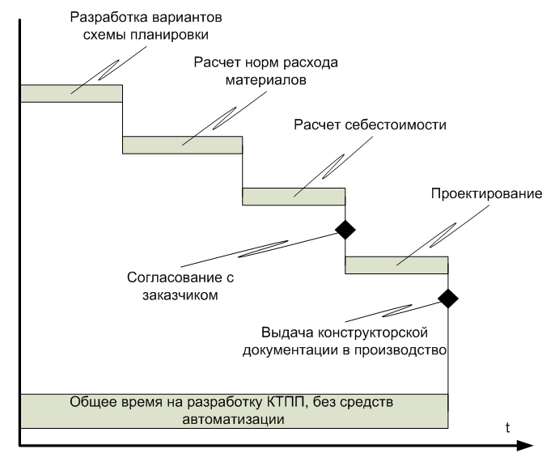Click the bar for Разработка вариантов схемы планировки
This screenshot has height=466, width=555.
[x=71, y=93]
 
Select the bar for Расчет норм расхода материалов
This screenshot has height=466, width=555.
[x=183, y=145]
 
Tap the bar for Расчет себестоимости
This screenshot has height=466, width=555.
[x=294, y=197]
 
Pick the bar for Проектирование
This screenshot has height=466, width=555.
[x=396, y=265]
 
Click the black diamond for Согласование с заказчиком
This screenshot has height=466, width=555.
[x=345, y=230]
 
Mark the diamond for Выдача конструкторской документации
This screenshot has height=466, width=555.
[x=448, y=299]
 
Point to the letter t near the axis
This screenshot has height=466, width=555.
[x=507, y=428]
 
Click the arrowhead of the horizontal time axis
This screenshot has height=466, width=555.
[x=525, y=446]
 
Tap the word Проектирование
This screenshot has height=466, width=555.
[x=487, y=194]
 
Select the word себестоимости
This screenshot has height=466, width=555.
[x=396, y=125]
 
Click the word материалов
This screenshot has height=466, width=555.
[x=266, y=80]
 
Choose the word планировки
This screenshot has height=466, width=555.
[x=169, y=36]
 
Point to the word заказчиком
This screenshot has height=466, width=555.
[x=180, y=295]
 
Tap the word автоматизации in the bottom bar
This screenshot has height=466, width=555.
[x=233, y=420]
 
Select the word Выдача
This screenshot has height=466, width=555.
[x=288, y=333]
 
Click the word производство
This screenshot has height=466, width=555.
[x=400, y=350]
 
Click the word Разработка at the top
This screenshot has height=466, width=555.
[x=104, y=18]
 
